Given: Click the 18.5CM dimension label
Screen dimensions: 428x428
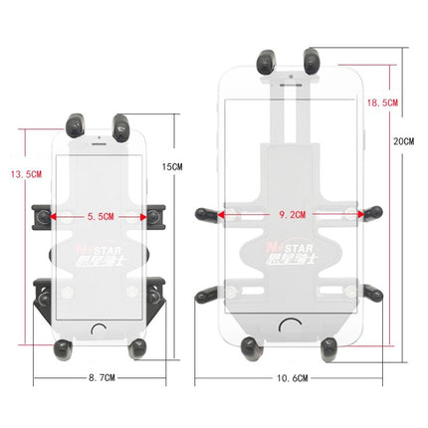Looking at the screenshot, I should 383,103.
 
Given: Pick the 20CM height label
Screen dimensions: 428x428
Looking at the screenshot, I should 404,142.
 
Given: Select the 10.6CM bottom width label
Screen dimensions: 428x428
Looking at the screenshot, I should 291,379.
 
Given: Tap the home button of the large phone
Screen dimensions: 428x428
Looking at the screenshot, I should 290,323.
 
